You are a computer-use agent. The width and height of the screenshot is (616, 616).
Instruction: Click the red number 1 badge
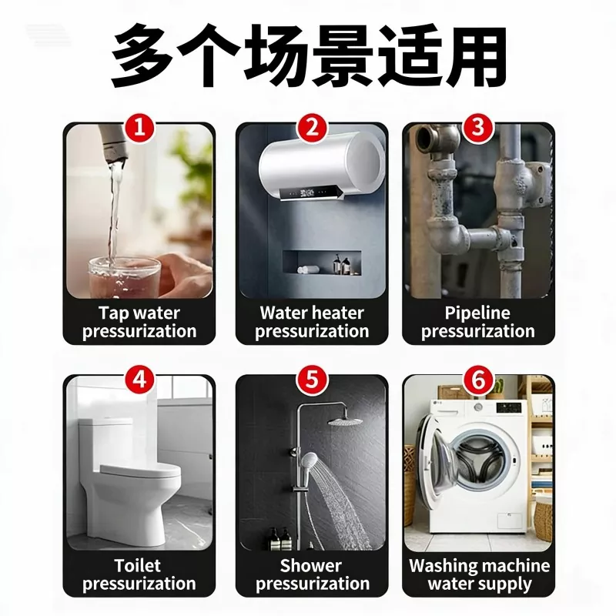tap(139, 128)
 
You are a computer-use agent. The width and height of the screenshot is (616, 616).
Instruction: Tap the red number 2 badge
tap(312, 128)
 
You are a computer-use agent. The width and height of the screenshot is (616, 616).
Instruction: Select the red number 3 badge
tap(478, 128)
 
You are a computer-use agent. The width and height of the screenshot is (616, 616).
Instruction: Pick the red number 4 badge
tap(139, 380)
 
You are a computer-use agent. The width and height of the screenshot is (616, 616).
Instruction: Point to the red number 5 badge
tap(312, 380)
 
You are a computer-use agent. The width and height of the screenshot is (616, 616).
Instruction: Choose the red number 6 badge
tap(478, 380)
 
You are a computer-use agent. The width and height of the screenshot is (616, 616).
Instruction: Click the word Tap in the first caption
tap(112, 314)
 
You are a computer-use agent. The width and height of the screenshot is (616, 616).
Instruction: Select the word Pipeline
tap(477, 313)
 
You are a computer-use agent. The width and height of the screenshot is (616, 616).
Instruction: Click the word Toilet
tap(138, 566)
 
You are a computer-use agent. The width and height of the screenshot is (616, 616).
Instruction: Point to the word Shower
tap(311, 566)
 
